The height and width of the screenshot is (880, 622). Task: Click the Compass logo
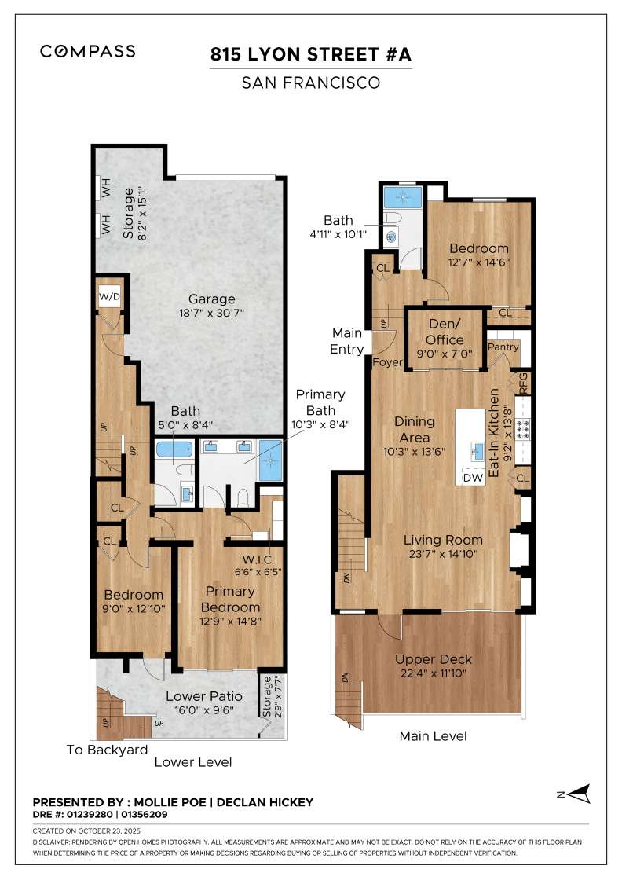pos(88,51)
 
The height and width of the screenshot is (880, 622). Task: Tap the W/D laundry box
pos(108,296)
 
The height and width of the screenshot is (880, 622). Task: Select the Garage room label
pos(211,299)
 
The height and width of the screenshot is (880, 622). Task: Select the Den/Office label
pos(445,332)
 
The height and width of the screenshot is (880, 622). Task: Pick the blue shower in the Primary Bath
pos(269,457)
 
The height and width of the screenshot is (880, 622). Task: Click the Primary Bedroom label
pos(230,599)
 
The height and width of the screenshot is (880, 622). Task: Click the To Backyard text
pos(107,750)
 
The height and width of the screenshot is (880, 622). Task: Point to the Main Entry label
pos(348,341)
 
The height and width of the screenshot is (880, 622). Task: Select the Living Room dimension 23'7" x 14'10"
pos(444,554)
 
